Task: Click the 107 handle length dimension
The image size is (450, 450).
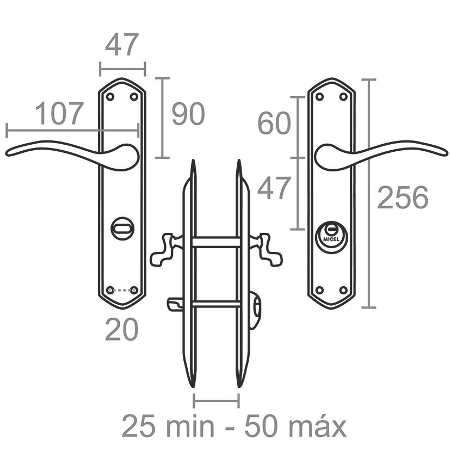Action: coord(59,114)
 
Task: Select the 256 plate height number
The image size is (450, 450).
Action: coord(403,197)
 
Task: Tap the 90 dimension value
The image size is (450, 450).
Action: coord(188,114)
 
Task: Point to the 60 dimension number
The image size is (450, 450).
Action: coord(274,123)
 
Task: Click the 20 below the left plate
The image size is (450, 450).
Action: coord(122,329)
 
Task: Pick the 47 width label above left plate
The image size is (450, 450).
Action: coord(122,45)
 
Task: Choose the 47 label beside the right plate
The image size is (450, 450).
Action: coord(274,188)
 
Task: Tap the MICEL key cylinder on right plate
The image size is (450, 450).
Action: coord(331,237)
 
